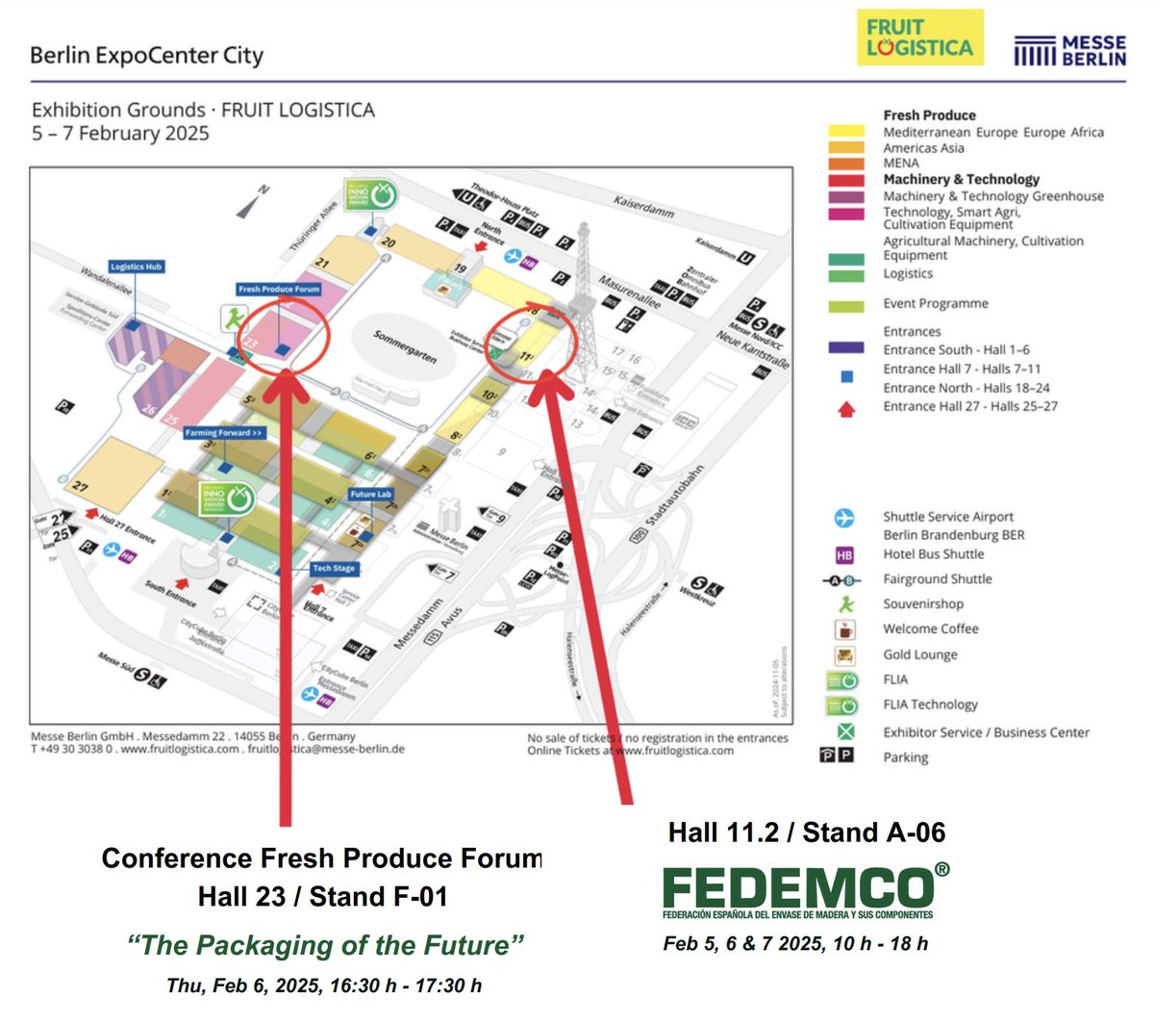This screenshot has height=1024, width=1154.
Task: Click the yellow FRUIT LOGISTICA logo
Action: click(919, 38)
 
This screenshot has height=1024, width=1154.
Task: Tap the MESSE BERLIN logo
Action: click(1069, 51)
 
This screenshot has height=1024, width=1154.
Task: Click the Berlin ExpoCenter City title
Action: click(146, 55)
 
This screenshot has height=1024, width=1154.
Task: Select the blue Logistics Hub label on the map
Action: click(136, 267)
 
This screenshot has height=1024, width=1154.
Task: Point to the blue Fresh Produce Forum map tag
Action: click(279, 289)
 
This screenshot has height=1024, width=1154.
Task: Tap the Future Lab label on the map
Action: click(370, 494)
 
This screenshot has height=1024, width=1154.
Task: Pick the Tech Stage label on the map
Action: click(334, 568)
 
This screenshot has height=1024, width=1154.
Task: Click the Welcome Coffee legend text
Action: click(930, 628)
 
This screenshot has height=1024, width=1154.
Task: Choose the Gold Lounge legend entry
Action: click(919, 654)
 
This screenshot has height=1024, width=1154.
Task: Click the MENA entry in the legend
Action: click(901, 163)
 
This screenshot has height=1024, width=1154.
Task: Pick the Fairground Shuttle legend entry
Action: click(937, 579)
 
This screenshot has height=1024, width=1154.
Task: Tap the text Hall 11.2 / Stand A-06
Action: click(806, 832)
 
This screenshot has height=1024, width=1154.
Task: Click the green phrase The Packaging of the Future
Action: click(325, 944)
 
